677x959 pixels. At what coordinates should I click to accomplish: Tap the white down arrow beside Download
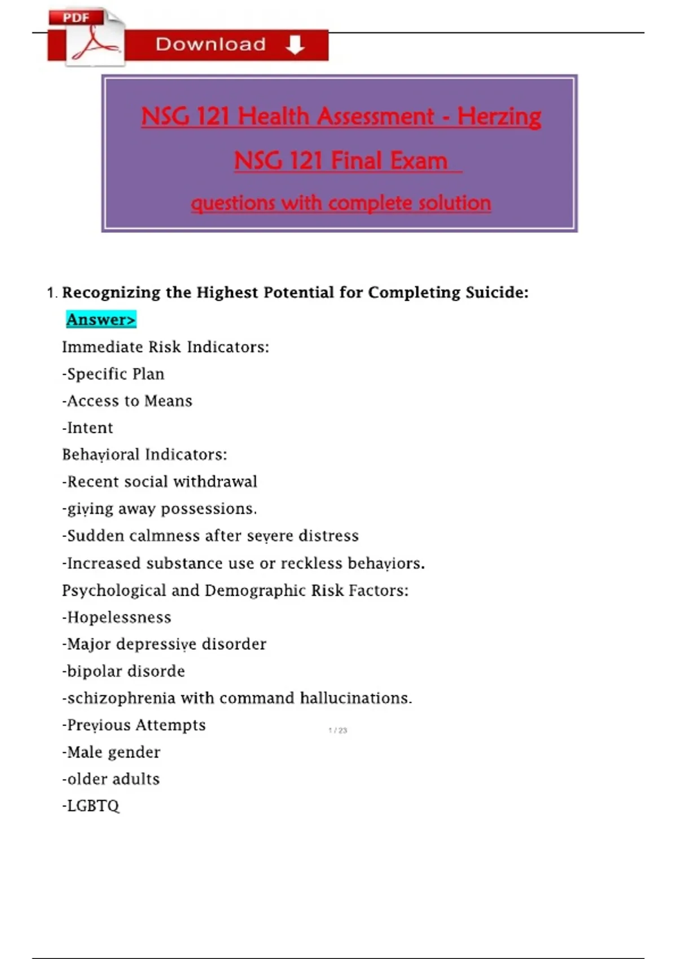pyautogui.click(x=294, y=45)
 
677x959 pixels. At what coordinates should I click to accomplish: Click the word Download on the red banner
pyautogui.click(x=210, y=45)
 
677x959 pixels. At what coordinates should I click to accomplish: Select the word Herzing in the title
pyautogui.click(x=499, y=117)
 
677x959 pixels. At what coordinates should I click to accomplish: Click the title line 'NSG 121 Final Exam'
pyautogui.click(x=341, y=161)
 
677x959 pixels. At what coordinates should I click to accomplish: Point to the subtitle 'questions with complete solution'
pyautogui.click(x=341, y=203)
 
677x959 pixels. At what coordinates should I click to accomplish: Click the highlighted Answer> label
pyautogui.click(x=101, y=320)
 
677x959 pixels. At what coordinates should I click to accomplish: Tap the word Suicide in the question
pyautogui.click(x=496, y=292)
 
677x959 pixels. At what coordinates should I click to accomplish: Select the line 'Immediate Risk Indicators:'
pyautogui.click(x=165, y=347)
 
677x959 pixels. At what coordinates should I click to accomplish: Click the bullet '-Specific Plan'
pyautogui.click(x=113, y=374)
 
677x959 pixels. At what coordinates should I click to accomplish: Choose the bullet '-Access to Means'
pyautogui.click(x=128, y=401)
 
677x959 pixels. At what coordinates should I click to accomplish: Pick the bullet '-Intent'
pyautogui.click(x=88, y=428)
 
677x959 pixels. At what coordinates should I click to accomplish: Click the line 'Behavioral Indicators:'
pyautogui.click(x=144, y=455)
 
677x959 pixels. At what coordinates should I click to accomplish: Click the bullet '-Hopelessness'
pyautogui.click(x=117, y=618)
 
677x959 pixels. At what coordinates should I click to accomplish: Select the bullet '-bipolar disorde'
pyautogui.click(x=124, y=671)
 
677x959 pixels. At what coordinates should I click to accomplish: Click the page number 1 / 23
pyautogui.click(x=338, y=731)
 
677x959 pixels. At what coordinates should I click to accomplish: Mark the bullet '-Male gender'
pyautogui.click(x=111, y=753)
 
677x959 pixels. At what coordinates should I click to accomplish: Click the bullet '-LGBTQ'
pyautogui.click(x=91, y=806)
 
